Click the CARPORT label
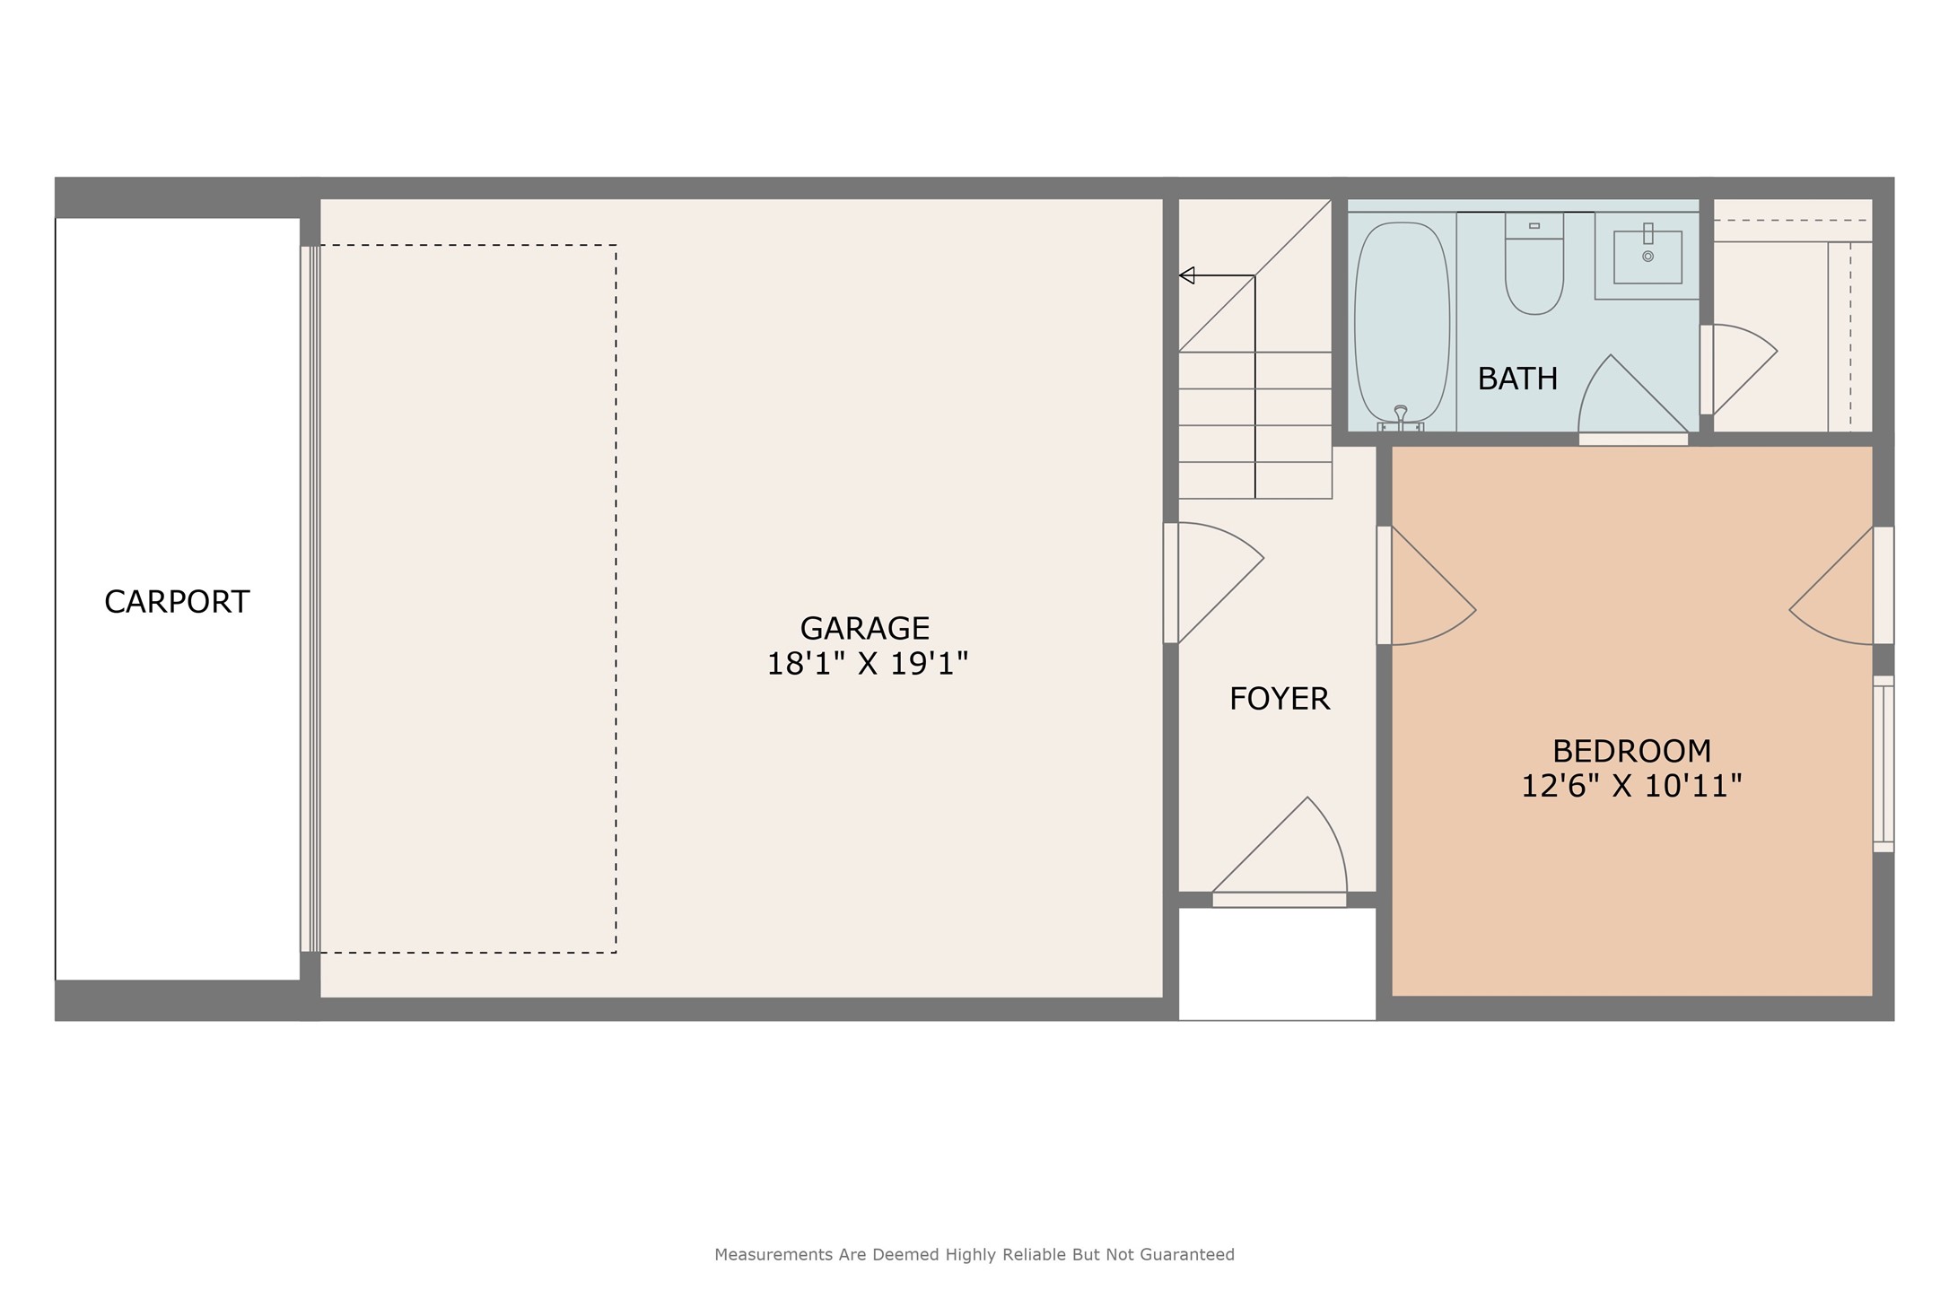coord(177,601)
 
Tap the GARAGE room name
coord(865,627)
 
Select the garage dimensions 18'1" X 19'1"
coord(867,664)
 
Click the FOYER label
coord(1280,698)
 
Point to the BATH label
coord(1517,379)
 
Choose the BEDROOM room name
coord(1632,750)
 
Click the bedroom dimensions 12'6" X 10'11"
coord(1631,786)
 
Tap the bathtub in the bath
coord(1402,323)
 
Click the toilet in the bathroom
coord(1534,264)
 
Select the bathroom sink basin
coord(1647,257)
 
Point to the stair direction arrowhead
coord(1186,275)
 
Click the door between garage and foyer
coord(1213,583)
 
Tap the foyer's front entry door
coord(1280,852)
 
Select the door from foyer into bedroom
coord(1427,585)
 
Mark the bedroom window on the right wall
coord(1883,763)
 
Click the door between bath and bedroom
coord(1633,400)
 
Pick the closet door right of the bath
coord(1738,370)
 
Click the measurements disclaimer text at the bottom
coord(974,1254)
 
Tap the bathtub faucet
coord(1401,419)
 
